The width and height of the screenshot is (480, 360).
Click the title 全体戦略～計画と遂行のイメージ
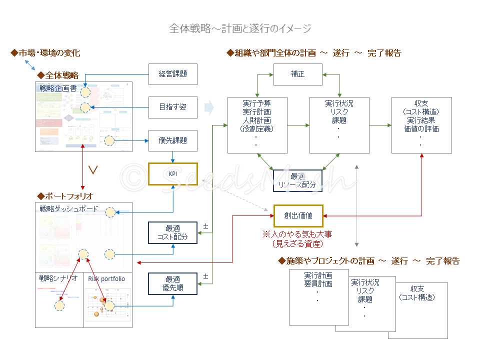pos(240,28)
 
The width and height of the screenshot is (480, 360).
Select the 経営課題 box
pos(173,74)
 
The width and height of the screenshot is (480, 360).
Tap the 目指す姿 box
pos(173,107)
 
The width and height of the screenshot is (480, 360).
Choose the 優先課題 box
pos(173,140)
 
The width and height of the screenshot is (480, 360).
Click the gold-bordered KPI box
pos(173,174)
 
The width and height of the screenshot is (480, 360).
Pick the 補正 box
pos(297,74)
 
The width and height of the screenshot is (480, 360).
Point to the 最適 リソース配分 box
pos(297,180)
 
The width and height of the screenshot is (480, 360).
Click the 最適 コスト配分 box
pos(173,232)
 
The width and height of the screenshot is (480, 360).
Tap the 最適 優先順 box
pos(173,283)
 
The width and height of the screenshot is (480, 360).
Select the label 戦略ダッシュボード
pos(68,209)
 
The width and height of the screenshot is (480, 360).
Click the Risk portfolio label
pos(106,279)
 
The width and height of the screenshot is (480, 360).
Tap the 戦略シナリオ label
pos(58,279)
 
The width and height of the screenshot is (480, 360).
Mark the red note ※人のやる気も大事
pos(297,234)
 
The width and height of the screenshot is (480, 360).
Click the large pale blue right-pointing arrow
pos(209,107)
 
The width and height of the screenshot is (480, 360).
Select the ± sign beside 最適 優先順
pos(205,276)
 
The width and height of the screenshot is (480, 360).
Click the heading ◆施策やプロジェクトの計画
pos(368,261)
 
